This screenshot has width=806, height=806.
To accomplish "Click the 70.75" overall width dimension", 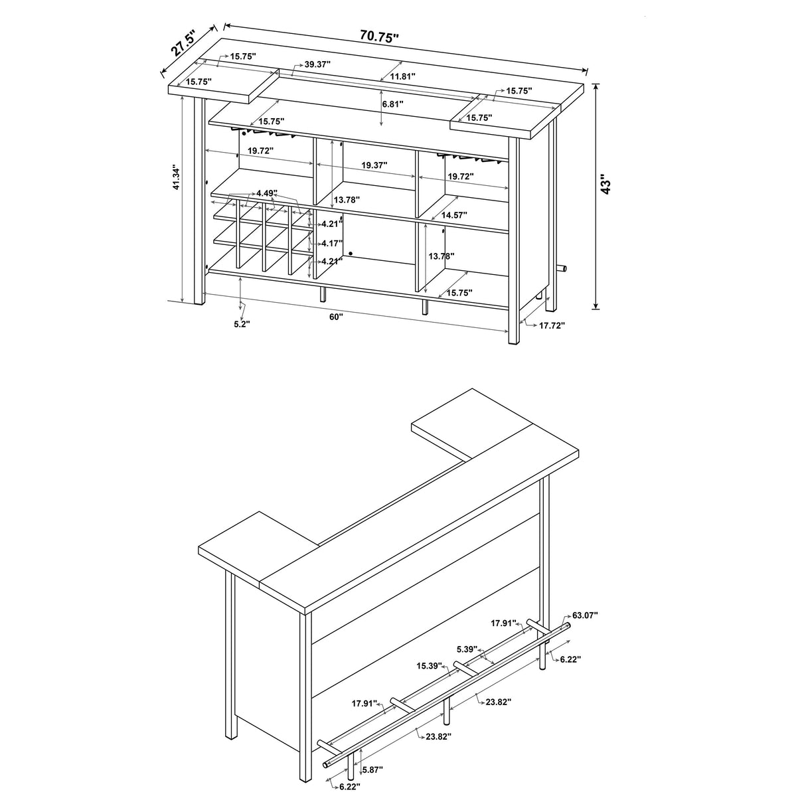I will tap(379, 36).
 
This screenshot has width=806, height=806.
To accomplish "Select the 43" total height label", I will tap(605, 184).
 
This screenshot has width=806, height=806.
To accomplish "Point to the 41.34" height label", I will tap(176, 178).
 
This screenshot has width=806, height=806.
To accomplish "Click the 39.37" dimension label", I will tap(317, 64).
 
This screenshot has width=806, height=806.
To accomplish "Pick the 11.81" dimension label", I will tap(402, 76).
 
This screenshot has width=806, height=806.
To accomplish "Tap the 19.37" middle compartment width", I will tap(374, 165).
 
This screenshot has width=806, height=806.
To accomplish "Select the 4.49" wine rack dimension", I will tap(266, 193).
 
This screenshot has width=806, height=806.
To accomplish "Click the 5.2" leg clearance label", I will tap(242, 324).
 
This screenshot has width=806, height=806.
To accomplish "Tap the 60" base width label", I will tap(336, 317).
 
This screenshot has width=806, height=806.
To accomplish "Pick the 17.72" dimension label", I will tap(552, 326).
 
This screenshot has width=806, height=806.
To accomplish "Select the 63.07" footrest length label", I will tap(584, 615).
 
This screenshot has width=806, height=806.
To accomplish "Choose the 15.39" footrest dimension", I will tap(430, 666).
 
